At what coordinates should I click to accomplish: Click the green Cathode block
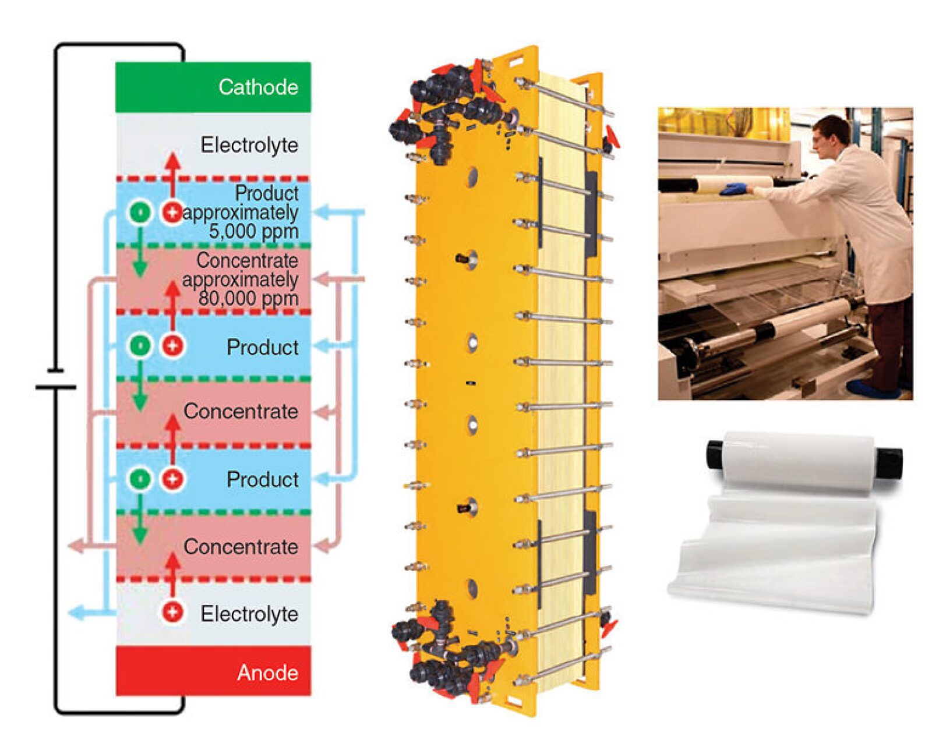coord(213,87)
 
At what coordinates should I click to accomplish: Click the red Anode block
coord(213,671)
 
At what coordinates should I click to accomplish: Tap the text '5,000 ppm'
coord(253,232)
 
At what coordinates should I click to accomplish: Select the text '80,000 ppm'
coord(248,299)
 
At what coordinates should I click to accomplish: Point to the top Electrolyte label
coord(249,145)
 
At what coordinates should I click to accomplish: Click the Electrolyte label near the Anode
coord(249,614)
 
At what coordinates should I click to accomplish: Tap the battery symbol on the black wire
coord(55,378)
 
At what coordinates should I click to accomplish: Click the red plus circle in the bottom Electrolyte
coord(172,612)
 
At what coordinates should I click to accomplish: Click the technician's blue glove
coord(733,188)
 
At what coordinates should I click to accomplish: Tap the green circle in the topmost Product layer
coord(140,213)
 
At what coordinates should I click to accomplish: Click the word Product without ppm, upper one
coord(262,347)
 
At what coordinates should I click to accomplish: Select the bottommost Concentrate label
coord(241,547)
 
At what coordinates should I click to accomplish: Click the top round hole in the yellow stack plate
coord(472,175)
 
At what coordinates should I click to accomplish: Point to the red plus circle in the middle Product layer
coord(172,346)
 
